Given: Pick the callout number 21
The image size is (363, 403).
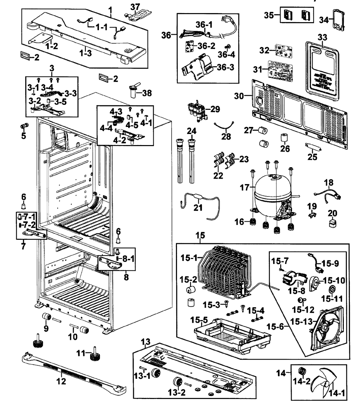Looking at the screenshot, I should (198, 208).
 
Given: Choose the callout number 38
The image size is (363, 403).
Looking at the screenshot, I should (147, 93).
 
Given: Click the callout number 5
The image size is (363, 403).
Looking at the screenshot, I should (23, 136).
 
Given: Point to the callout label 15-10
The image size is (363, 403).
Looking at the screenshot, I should (334, 280).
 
